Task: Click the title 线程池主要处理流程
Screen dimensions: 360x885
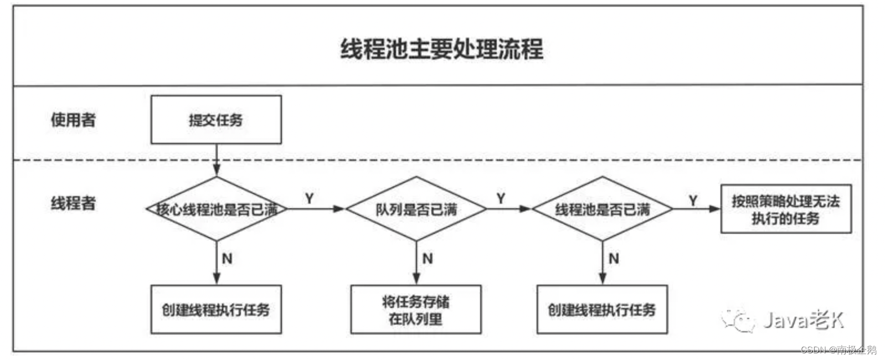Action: coord(441,49)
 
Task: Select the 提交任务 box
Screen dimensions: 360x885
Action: coord(216,120)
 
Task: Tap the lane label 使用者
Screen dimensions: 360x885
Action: coord(73,120)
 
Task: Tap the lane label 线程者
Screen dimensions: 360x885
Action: coord(73,203)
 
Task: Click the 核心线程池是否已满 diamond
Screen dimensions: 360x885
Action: coord(217,209)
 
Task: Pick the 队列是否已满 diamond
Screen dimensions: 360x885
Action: coord(416,209)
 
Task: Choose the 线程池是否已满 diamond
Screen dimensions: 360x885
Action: coord(603,209)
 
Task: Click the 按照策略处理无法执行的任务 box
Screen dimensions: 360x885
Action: coord(785,209)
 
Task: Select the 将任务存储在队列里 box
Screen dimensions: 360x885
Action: coord(416,310)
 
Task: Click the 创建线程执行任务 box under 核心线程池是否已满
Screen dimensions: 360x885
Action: coord(216,310)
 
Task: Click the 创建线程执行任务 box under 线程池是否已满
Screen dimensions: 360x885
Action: coord(602,310)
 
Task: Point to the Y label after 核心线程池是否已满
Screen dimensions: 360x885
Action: coord(310,198)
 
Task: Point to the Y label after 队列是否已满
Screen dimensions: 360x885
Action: coord(501,198)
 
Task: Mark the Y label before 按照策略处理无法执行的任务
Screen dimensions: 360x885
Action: coord(693,200)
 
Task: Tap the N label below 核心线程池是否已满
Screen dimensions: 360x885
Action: coord(227,259)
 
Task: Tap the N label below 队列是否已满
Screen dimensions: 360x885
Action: coord(428,259)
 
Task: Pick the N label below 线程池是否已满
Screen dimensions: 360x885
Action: coord(614,259)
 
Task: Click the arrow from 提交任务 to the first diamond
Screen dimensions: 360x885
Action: coord(217,160)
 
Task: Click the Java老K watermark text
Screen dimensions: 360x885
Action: coord(802,320)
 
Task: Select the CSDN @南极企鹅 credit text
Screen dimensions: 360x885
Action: coord(838,350)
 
